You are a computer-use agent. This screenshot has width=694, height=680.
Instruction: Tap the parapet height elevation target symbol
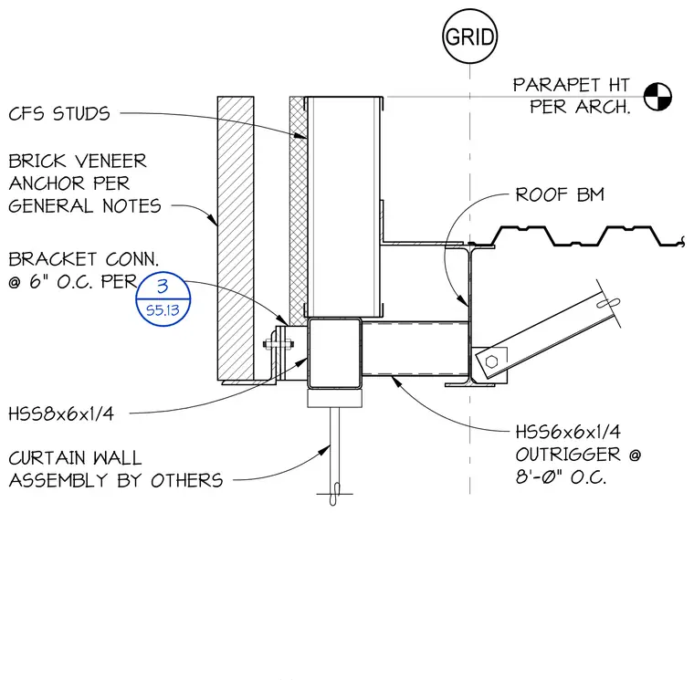[657, 97]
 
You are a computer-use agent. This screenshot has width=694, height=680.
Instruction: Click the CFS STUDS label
[59, 114]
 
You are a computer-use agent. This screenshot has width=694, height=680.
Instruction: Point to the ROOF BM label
[560, 194]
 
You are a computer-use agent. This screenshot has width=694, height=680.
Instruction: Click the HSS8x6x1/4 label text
[61, 413]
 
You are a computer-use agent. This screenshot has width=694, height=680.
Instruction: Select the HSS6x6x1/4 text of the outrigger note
[568, 432]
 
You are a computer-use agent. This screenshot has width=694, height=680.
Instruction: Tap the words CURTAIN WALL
[75, 458]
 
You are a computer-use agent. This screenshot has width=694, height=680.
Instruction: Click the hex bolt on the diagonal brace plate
[491, 361]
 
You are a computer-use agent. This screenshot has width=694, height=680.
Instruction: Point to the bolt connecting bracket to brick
[279, 344]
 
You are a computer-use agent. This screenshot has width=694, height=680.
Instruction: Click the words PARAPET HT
[571, 85]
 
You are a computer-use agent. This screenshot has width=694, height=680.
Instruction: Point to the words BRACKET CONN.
[83, 259]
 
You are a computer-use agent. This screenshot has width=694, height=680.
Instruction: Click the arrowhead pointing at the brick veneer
[213, 219]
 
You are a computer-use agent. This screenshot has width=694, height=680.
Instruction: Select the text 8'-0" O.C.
[561, 477]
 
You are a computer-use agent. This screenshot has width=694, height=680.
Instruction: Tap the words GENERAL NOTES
[85, 206]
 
